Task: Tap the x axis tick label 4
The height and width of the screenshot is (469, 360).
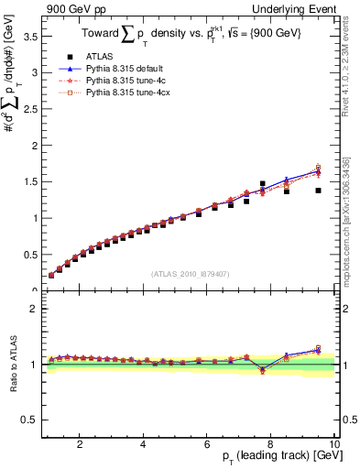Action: coord(143,444)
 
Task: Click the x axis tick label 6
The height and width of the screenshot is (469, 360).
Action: coord(207,444)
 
